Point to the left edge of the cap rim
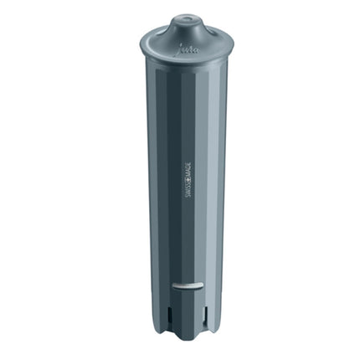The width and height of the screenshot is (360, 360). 141,39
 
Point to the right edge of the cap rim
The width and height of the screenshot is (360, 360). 232,42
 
